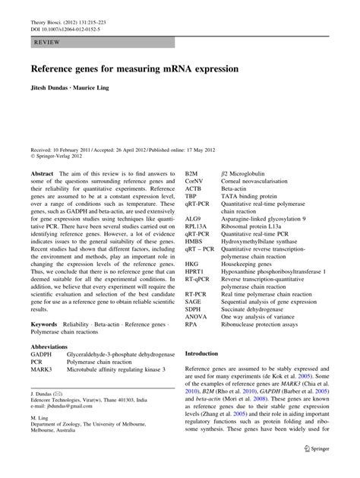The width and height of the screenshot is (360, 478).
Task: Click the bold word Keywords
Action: tap(45, 324)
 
